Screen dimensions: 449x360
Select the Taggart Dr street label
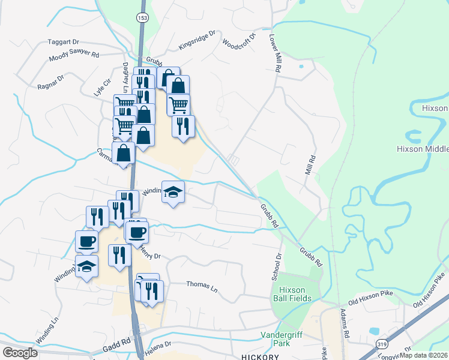64,43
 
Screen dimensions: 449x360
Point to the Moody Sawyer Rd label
74,55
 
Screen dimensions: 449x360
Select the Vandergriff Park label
283,339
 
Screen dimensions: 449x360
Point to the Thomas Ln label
202,284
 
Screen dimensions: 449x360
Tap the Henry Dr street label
149,250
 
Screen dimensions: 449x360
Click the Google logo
21,353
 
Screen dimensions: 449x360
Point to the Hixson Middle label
423,149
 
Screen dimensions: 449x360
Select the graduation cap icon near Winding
173,192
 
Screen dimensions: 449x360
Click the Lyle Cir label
103,88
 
